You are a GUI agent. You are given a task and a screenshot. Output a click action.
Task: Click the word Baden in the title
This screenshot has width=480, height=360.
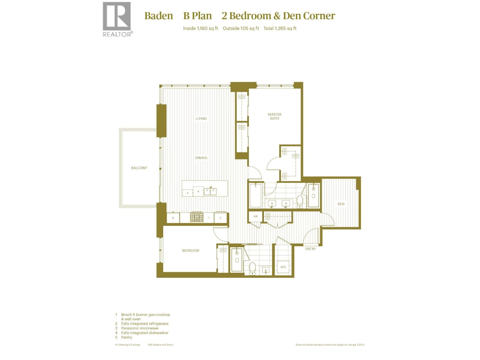click(158, 16)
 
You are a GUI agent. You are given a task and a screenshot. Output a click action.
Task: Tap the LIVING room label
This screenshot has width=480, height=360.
click(201, 118)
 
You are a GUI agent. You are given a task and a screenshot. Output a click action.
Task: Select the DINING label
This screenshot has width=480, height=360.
click(201, 158)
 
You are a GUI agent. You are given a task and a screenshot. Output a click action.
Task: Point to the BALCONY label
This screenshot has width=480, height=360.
click(139, 168)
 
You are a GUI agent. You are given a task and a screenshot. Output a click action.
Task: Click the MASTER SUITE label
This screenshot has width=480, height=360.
click(274, 116)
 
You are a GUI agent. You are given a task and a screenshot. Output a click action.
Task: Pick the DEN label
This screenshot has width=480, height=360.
click(341, 204)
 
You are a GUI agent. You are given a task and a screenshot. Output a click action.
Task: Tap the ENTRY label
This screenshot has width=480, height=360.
click(310, 249)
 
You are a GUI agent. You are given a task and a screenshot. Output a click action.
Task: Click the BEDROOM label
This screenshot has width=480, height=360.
click(190, 250)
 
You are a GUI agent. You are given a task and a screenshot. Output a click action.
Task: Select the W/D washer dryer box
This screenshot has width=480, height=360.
click(283, 267)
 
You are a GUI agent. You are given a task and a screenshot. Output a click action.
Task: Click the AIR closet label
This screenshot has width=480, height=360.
click(256, 216)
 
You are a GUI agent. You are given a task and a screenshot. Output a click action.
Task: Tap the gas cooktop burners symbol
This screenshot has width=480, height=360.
click(197, 217)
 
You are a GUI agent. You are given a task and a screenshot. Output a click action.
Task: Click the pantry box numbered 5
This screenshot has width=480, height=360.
click(173, 218)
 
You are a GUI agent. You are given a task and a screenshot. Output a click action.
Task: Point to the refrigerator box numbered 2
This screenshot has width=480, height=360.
click(220, 218)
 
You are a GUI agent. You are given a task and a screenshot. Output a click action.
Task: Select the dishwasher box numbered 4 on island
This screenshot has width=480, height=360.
click(198, 191)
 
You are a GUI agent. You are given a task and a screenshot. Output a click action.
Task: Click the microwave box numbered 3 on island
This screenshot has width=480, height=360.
click(187, 193)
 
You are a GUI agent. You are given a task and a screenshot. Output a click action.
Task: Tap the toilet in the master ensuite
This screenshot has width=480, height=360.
click(299, 202)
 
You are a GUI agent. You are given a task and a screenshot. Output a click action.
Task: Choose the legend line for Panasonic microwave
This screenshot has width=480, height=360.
click(139, 328)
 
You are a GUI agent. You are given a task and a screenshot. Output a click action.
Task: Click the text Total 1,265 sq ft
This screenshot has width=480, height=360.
click(280, 28)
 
